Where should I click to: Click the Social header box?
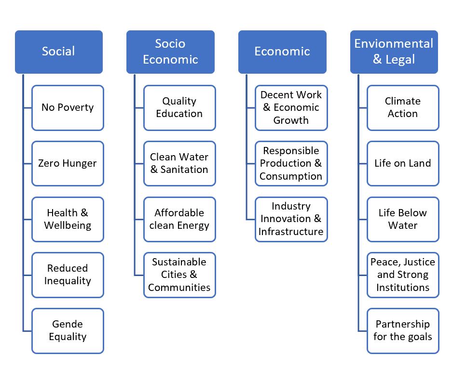click(x=59, y=52)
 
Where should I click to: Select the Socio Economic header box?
click(x=170, y=52)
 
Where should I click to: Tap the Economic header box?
click(x=282, y=52)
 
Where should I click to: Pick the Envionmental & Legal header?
click(x=394, y=52)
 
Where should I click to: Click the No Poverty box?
click(x=68, y=108)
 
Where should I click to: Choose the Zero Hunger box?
click(x=68, y=164)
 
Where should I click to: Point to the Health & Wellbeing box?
click(x=68, y=219)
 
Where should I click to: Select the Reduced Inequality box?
click(x=68, y=275)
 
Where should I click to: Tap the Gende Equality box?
click(x=68, y=331)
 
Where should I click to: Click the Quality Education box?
click(x=179, y=108)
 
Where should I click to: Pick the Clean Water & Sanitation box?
click(x=179, y=164)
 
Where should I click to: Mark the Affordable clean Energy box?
click(x=179, y=219)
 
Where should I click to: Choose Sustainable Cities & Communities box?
click(x=179, y=275)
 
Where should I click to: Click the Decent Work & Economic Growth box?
click(x=291, y=108)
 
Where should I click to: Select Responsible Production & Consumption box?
click(x=291, y=164)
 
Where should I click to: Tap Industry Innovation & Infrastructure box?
click(x=291, y=219)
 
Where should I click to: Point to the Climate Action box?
click(x=403, y=108)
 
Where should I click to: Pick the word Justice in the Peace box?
click(x=420, y=263)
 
